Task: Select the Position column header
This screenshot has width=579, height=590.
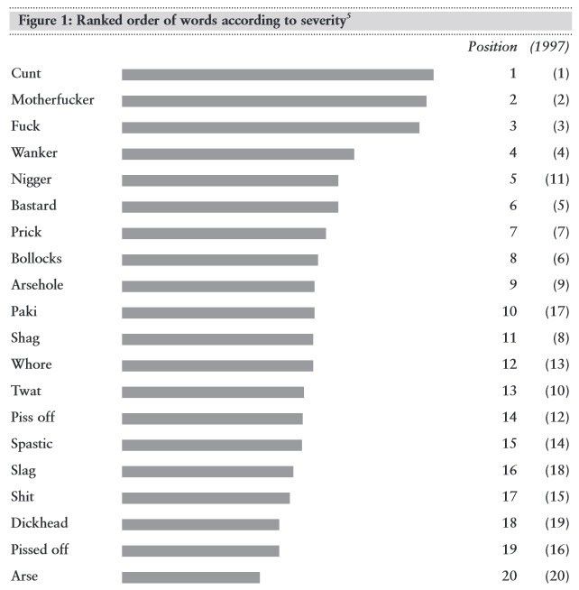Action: tap(492, 47)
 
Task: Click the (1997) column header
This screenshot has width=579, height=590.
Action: tap(549, 47)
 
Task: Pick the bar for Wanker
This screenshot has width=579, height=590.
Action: tap(237, 153)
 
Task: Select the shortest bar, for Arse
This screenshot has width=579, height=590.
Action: tap(190, 577)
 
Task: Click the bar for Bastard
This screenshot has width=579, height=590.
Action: tap(230, 207)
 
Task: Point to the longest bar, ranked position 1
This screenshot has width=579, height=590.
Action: tap(277, 74)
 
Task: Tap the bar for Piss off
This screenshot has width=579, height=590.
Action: tap(212, 419)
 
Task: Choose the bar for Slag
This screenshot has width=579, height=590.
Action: tap(207, 471)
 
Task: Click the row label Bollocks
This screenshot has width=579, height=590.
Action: tap(36, 259)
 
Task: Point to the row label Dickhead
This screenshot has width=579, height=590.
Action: tap(39, 523)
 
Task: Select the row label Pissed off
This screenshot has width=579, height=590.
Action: tap(40, 549)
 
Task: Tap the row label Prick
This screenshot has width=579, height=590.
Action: tap(26, 232)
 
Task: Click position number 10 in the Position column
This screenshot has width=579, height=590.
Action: tap(510, 312)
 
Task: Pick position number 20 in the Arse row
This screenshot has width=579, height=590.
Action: tap(510, 576)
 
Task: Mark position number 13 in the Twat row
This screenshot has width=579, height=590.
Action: tap(510, 392)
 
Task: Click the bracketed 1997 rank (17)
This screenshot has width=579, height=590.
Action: tap(556, 312)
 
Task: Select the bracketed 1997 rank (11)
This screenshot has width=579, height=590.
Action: tap(556, 180)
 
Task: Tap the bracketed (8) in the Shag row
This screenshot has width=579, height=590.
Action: tap(560, 338)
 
